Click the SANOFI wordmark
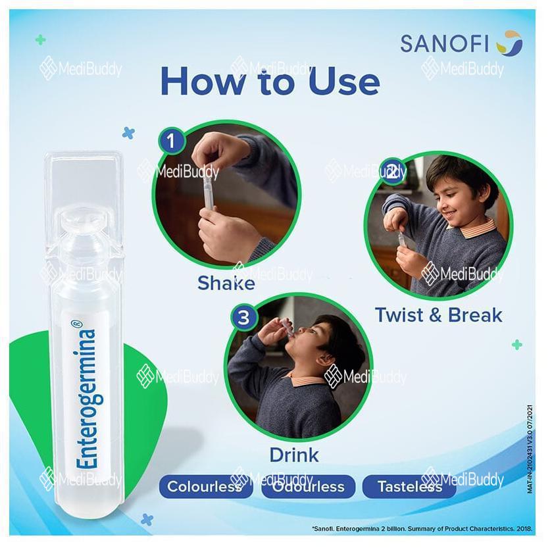tap(445, 44)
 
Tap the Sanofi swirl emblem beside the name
tap(510, 43)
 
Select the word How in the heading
tap(203, 82)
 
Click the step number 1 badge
tap(171, 141)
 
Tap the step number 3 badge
tap(243, 318)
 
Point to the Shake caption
tap(226, 283)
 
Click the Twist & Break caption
tap(438, 314)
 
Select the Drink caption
tap(294, 455)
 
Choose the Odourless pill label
tap(309, 486)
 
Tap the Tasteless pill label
tap(409, 486)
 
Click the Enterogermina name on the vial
tap(87, 398)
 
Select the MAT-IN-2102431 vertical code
tap(530, 449)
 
